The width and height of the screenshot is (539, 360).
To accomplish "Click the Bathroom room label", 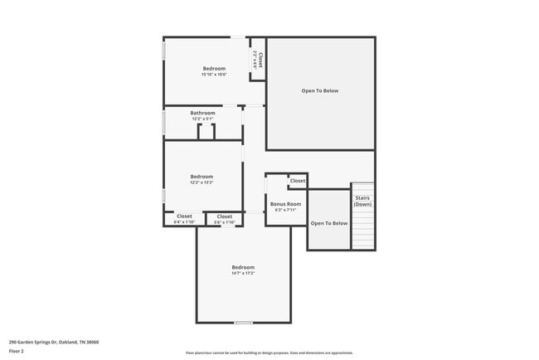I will click(202, 113).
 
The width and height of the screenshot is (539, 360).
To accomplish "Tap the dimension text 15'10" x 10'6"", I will click(213, 75).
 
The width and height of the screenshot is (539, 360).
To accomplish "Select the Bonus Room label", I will click(284, 203).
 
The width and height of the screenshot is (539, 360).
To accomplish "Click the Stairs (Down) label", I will click(362, 201).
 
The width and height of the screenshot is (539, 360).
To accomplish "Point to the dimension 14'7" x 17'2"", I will click(243, 273).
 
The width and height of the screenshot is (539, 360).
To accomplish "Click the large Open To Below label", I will click(319, 90).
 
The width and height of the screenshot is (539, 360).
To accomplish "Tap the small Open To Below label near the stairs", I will click(329, 223).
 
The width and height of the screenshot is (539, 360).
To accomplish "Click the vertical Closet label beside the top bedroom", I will click(260, 60).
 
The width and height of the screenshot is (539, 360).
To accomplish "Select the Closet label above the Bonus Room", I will click(297, 180).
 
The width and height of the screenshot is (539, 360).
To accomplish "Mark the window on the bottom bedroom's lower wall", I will click(243, 322).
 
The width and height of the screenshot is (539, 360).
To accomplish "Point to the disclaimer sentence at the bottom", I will click(269, 353).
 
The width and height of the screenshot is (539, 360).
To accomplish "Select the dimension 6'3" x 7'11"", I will click(284, 210).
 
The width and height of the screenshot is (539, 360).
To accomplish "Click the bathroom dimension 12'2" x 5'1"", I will click(202, 119).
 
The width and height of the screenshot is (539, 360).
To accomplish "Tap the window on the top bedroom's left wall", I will click(164, 50).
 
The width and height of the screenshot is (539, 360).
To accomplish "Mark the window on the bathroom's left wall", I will click(164, 123).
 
